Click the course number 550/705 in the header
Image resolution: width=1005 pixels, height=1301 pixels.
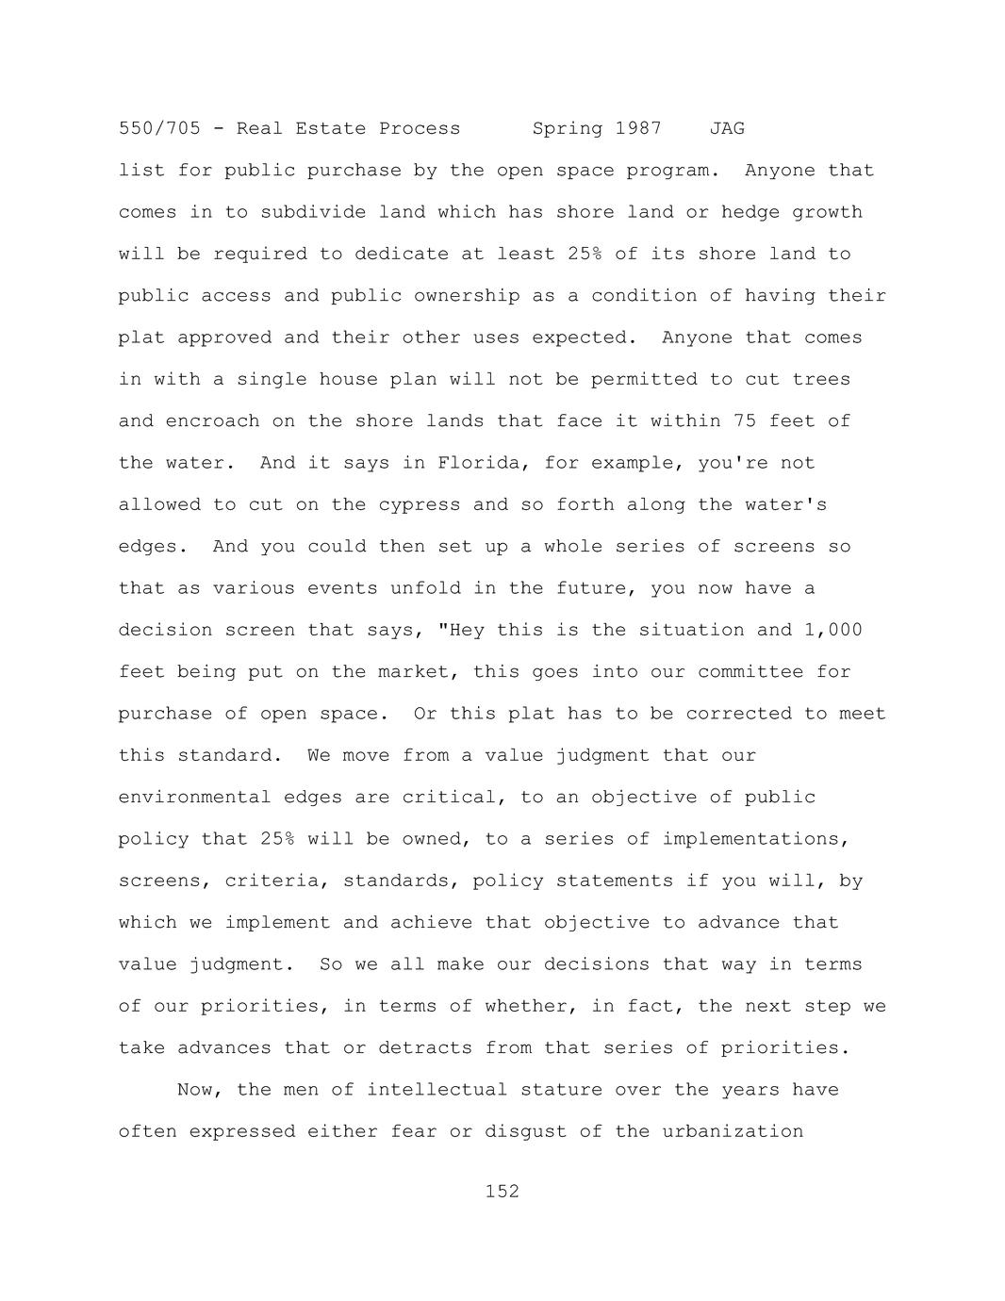[159, 128]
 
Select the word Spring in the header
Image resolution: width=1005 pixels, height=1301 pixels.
[568, 128]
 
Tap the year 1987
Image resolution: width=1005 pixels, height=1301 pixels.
[638, 128]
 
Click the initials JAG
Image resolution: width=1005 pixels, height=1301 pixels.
[727, 128]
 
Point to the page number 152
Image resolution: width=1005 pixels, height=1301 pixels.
[502, 1192]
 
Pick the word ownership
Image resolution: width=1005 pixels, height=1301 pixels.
[467, 296]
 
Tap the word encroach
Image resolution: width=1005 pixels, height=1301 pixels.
[212, 421]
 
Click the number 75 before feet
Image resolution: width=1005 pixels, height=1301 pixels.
[745, 421]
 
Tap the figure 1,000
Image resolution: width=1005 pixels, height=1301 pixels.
[832, 630]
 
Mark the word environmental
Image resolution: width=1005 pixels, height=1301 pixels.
[195, 798]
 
